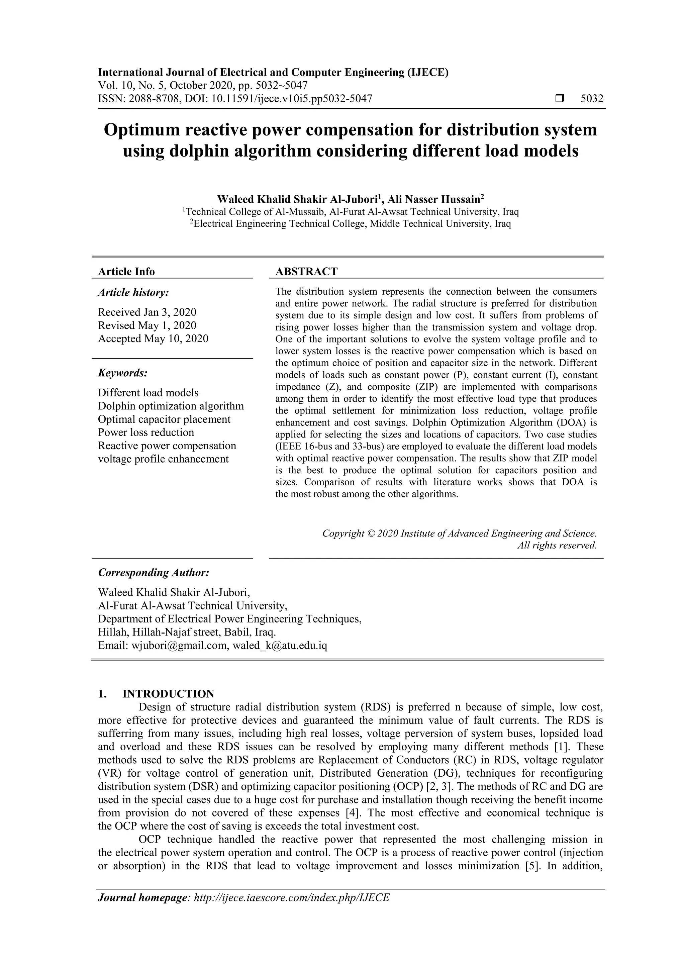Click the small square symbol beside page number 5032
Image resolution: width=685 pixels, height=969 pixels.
click(x=560, y=99)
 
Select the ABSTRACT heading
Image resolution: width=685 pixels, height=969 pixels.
click(x=306, y=271)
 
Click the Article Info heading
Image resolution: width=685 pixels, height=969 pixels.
click(x=126, y=271)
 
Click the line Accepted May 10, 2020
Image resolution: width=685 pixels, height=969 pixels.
click(x=153, y=338)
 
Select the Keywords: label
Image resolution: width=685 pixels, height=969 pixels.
click(x=122, y=373)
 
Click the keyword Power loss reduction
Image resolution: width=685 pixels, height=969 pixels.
click(x=146, y=432)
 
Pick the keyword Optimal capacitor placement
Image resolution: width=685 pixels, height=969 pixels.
click(x=164, y=419)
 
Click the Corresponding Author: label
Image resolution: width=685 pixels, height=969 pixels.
click(x=154, y=573)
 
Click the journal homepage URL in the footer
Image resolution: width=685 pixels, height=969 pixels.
click(x=291, y=898)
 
